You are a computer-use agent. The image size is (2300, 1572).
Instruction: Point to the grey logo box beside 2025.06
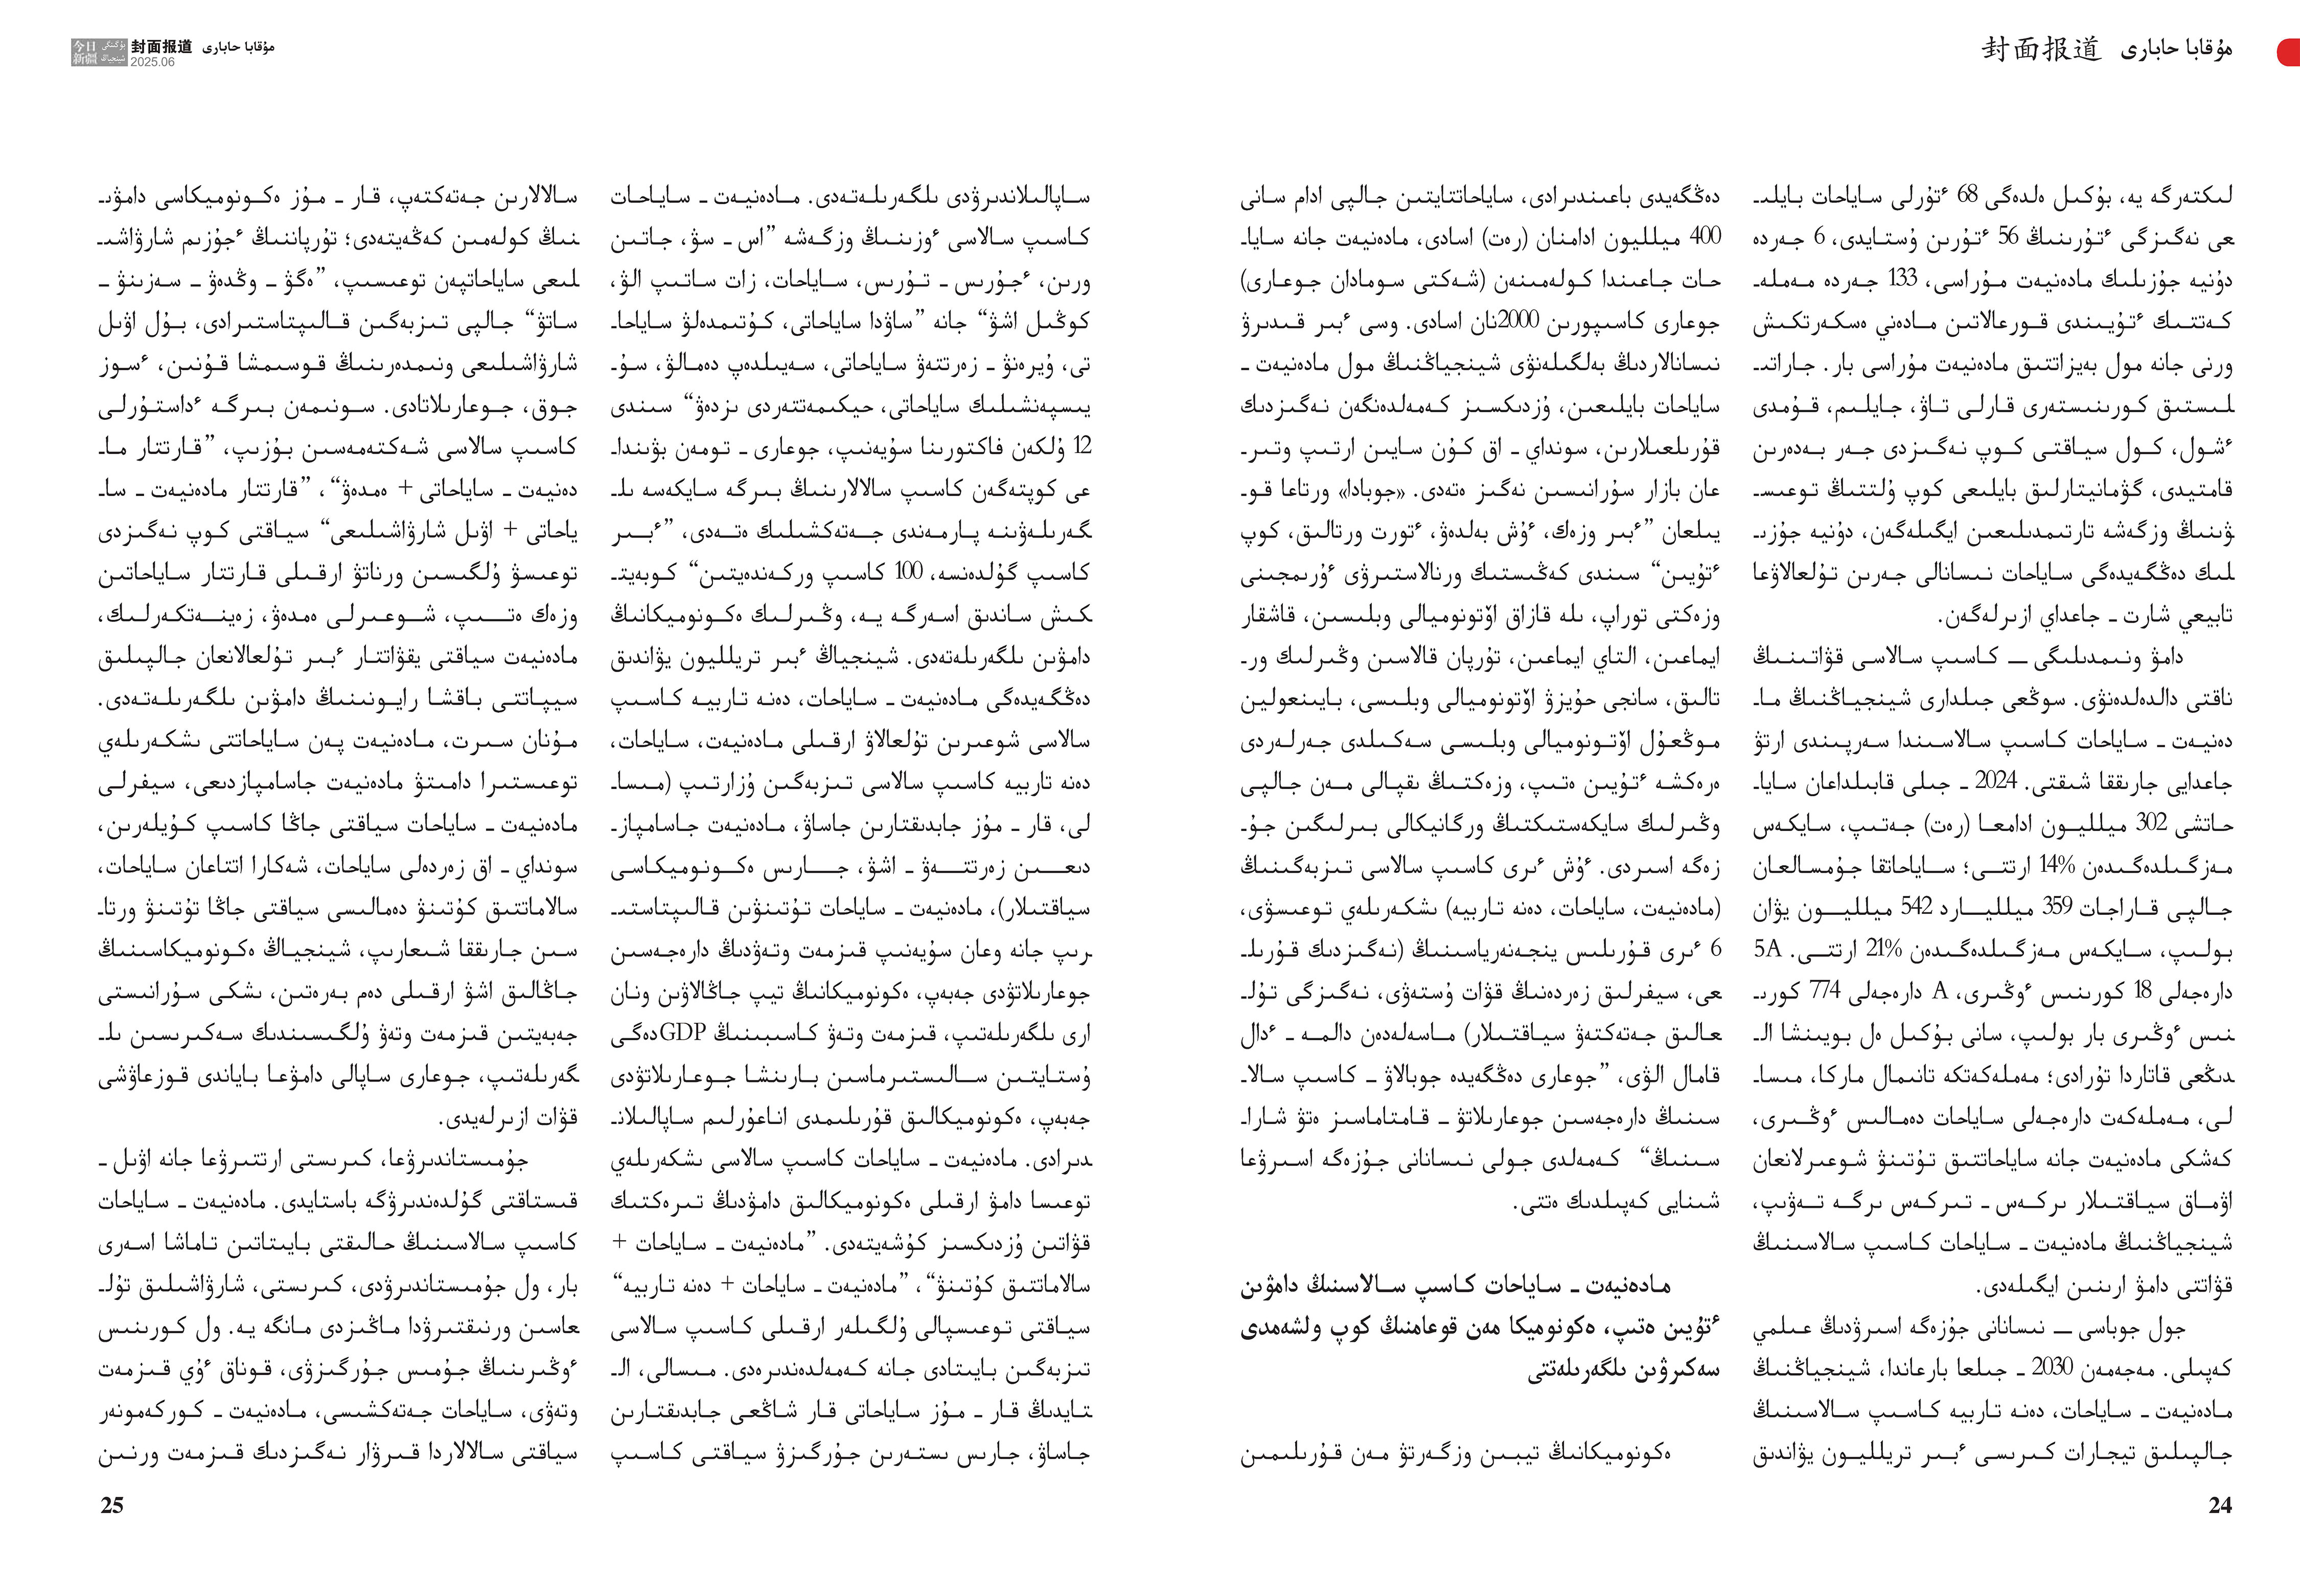(99, 53)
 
